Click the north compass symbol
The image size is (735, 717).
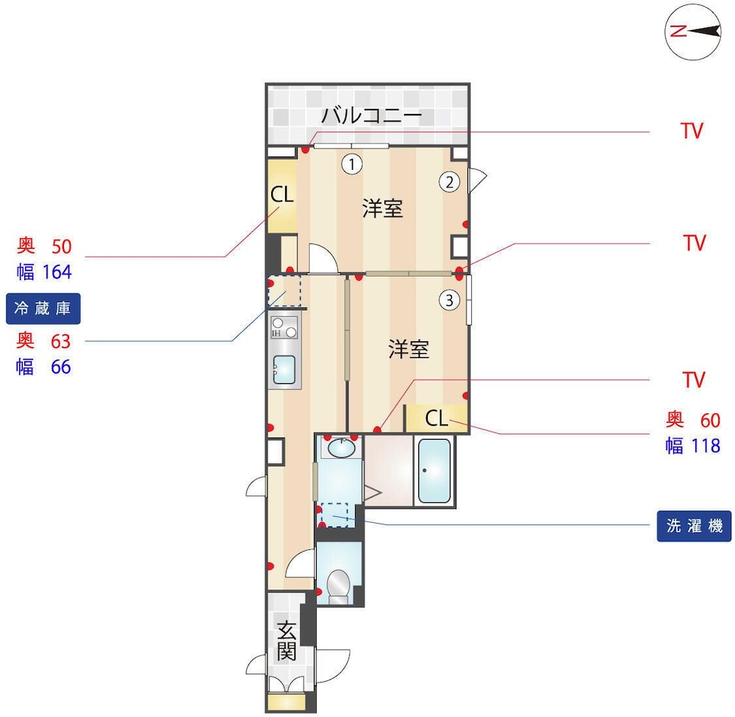coord(693,32)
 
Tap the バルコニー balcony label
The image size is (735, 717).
coord(371,115)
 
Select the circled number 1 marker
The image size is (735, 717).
coord(351,164)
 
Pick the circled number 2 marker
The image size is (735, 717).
coord(450,182)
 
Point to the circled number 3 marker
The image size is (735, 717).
coord(450,299)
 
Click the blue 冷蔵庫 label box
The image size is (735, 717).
coord(43,309)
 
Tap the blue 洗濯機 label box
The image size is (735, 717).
coord(694,526)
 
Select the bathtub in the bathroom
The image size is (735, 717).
coord(434,471)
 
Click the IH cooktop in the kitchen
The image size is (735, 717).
coord(284,327)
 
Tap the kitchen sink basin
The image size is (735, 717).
coord(284,369)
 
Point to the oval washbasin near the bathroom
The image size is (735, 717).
coord(341,449)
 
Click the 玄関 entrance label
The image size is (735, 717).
coord(287,641)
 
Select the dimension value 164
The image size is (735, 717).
coord(57,272)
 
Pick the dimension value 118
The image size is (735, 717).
coord(706,446)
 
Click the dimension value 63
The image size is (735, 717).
coord(61,341)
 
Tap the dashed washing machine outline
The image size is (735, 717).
coord(334,515)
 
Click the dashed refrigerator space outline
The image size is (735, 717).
coord(284,290)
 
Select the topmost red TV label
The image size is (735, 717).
coord(692,131)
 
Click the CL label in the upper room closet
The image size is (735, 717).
coord(282,194)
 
